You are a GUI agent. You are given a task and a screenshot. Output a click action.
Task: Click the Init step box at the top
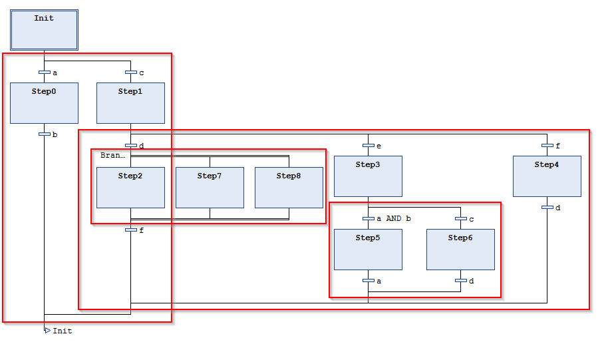click(44, 30)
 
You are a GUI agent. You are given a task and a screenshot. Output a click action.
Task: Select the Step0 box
click(44, 103)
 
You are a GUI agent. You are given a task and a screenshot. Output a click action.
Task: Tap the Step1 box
click(130, 103)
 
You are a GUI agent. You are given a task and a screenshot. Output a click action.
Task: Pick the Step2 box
click(130, 188)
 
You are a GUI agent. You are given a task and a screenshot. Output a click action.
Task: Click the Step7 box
click(210, 188)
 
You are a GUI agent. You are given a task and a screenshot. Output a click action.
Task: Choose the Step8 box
click(289, 188)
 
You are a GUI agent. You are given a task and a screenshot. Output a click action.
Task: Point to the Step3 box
click(368, 176)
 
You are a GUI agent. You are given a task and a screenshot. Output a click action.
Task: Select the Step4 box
click(547, 176)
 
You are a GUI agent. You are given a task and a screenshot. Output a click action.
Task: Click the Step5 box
click(368, 250)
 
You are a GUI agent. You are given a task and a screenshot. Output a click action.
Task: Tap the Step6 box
click(460, 250)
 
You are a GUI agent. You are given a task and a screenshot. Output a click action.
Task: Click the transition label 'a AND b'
click(394, 218)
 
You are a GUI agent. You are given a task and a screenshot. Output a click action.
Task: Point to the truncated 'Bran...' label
click(112, 155)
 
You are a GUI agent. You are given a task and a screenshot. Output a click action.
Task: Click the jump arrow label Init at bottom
click(62, 331)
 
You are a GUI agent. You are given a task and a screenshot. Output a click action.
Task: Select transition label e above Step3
click(379, 146)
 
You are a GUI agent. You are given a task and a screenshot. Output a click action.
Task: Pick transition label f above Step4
click(557, 146)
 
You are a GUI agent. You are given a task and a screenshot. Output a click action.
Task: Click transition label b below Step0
click(55, 134)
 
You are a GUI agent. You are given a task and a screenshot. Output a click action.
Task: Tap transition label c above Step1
click(142, 73)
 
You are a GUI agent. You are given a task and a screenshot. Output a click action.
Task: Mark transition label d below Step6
click(471, 281)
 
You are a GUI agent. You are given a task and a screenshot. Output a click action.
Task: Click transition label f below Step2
click(141, 230)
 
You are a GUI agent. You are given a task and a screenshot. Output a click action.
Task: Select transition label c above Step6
click(472, 218)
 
